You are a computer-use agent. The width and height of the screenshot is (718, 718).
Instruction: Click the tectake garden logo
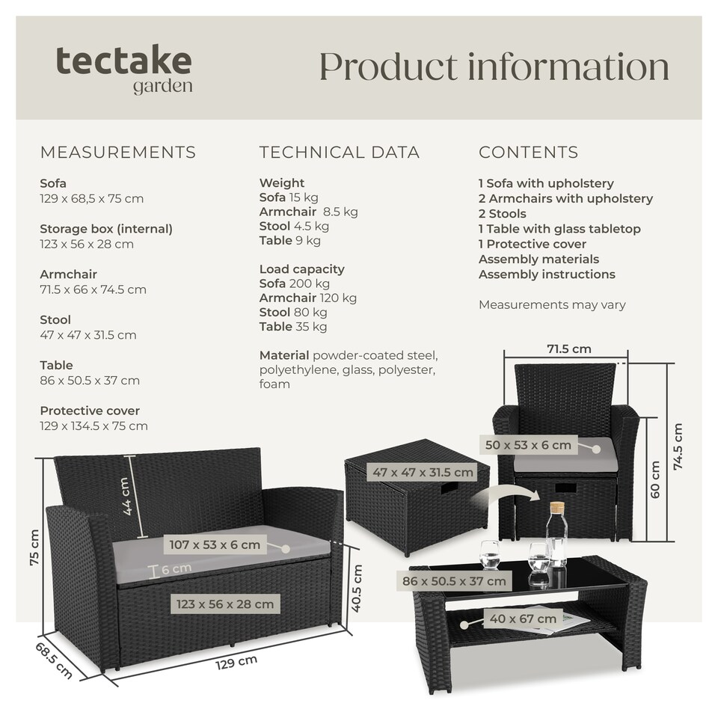[x=124, y=69]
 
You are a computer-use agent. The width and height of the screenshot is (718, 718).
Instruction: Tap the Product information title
[x=494, y=67]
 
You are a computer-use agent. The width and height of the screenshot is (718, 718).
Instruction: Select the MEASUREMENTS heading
[x=117, y=153]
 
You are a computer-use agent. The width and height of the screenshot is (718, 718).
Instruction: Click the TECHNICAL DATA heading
[x=340, y=153]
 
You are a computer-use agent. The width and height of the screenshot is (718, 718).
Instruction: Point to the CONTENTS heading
[x=528, y=153]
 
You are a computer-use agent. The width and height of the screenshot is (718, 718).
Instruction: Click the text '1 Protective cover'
[x=533, y=244]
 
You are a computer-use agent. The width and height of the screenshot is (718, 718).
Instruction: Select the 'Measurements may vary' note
[x=552, y=304]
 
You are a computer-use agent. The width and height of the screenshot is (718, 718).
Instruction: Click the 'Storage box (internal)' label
[x=106, y=229]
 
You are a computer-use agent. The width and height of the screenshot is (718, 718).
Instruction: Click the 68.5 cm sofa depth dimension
[x=54, y=659]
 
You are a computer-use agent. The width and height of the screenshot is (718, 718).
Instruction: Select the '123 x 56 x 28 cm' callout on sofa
[x=225, y=604]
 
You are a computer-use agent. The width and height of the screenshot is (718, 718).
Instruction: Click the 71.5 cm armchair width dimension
[x=569, y=349]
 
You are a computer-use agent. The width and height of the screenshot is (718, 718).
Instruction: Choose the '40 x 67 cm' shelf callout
[x=524, y=619]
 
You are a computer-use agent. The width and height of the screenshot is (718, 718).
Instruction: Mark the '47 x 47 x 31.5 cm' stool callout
[x=423, y=472]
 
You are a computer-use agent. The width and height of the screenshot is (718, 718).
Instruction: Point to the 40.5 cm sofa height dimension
[x=358, y=588]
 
